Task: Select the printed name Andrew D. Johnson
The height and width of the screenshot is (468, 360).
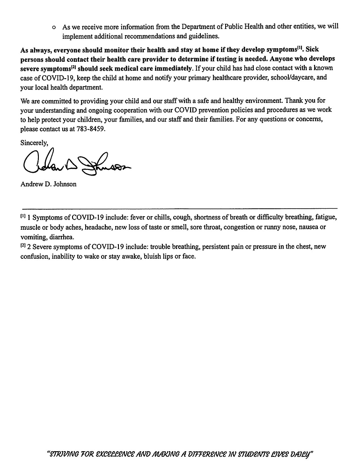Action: [x=48, y=184]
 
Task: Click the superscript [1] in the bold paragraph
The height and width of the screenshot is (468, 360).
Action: [x=301, y=48]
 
